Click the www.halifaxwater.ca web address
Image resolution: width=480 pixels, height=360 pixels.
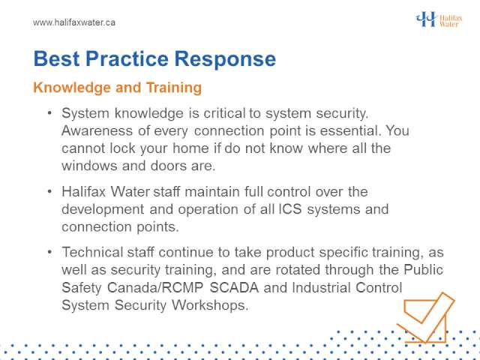pos(74,22)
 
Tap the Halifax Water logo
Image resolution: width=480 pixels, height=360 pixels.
pos(439,19)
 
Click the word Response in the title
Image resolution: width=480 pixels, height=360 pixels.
pos(225,58)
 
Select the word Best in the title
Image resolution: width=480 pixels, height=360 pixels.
pos(57,58)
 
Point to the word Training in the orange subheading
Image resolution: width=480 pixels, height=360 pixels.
pos(174,88)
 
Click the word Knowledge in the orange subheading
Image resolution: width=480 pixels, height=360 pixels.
pos(72,88)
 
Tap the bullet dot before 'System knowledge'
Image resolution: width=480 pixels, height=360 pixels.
pos(50,113)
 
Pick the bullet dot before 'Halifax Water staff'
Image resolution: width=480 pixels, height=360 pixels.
pos(50,192)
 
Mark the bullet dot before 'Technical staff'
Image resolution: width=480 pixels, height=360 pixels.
pos(50,252)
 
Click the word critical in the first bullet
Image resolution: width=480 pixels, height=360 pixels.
pos(224,113)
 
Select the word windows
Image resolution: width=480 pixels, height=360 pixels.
pos(89,166)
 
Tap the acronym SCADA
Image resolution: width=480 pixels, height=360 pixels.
pos(234,287)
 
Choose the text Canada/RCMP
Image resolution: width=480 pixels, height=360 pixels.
pos(155,287)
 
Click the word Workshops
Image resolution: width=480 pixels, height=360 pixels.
pos(210,305)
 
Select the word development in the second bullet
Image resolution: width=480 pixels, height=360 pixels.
pos(103,210)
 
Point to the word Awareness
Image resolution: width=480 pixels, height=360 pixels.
pos(97,130)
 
